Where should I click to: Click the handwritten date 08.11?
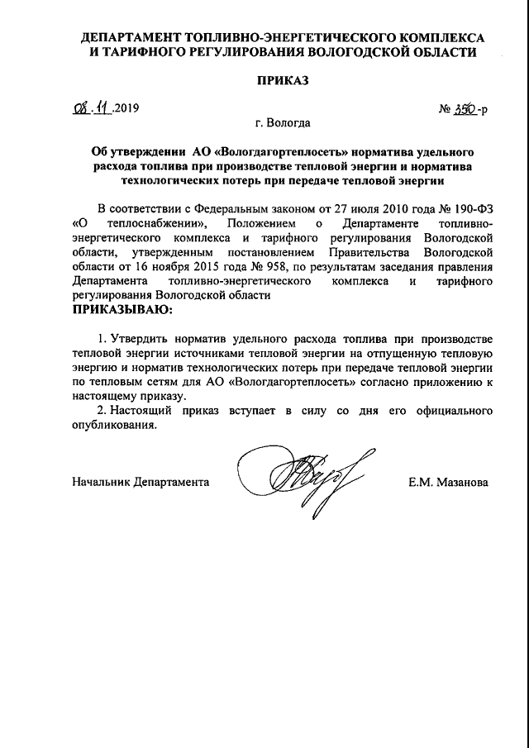[x=90, y=108]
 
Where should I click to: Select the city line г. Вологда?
[x=284, y=124]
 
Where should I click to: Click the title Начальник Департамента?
[x=141, y=481]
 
